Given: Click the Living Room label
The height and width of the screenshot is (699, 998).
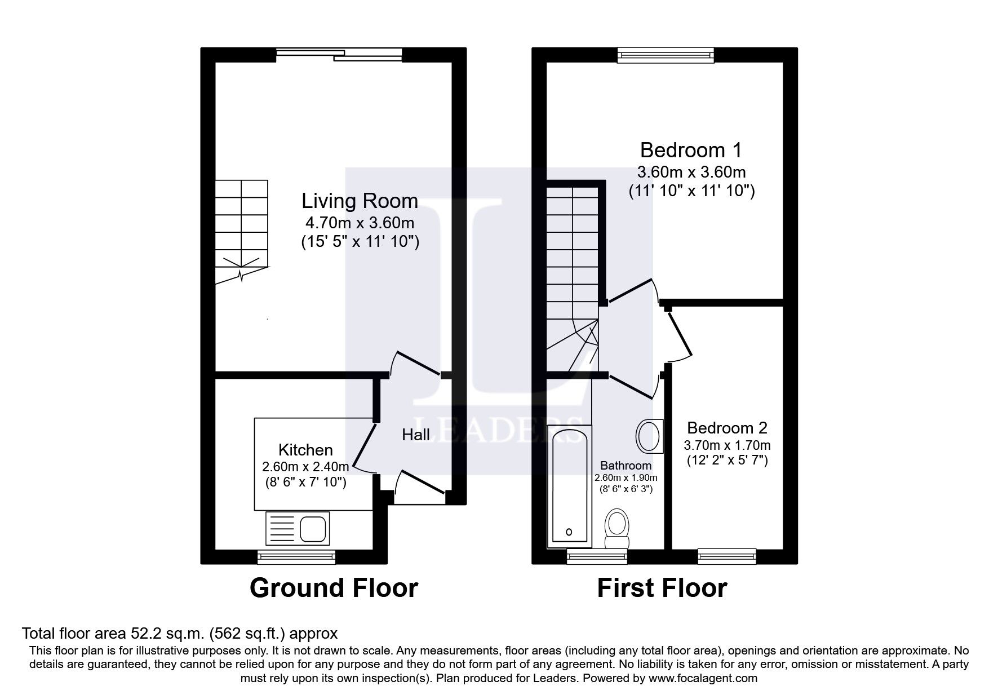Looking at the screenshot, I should coord(360,201).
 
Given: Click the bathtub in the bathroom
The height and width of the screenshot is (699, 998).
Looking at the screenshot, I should coord(569,486).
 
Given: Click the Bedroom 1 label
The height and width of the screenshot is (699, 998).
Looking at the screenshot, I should coord(691,150).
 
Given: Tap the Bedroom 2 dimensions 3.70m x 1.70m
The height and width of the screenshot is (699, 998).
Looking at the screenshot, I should coord(727,445).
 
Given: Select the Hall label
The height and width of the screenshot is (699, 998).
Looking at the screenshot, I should coord(416,434).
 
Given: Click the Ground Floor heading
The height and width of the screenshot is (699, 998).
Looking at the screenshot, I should coord(334,588).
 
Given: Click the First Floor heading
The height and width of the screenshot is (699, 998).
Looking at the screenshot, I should coord(662,588).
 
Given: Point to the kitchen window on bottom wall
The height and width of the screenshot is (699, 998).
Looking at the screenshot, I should coord(296,558).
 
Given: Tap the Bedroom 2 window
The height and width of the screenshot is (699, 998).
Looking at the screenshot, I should coord(726,557).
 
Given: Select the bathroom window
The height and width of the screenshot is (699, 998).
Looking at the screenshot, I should coord(596,557).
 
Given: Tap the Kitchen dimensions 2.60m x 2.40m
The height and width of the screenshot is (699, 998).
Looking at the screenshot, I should coord(305,467).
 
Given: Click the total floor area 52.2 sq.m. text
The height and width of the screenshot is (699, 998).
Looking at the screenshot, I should coord(179,633).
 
